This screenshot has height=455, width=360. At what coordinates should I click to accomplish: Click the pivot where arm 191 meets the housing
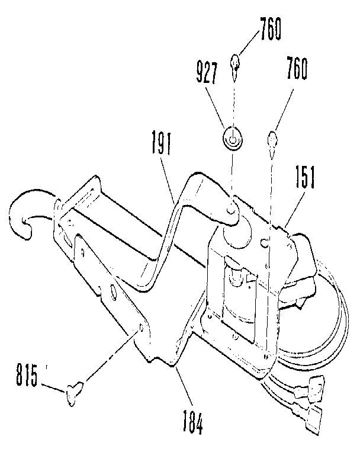click(x=233, y=207)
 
